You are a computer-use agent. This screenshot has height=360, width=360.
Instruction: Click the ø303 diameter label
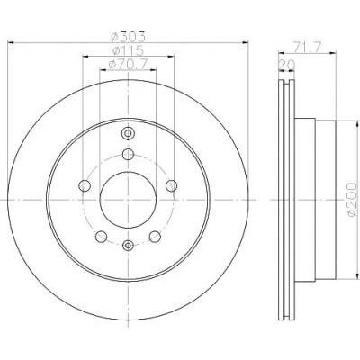tap(128, 37)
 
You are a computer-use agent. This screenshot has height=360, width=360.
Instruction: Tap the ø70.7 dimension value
tap(128, 64)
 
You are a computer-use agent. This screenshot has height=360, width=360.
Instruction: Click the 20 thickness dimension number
tap(287, 65)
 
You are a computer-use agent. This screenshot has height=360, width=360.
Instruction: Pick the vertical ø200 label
tap(353, 200)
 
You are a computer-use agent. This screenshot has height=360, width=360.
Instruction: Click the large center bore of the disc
tap(128, 200)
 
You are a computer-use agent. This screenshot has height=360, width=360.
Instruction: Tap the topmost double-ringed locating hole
tap(128, 133)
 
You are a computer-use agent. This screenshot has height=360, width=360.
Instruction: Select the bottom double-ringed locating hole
tap(128, 246)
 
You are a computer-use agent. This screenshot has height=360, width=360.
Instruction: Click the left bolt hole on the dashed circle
tap(85, 186)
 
